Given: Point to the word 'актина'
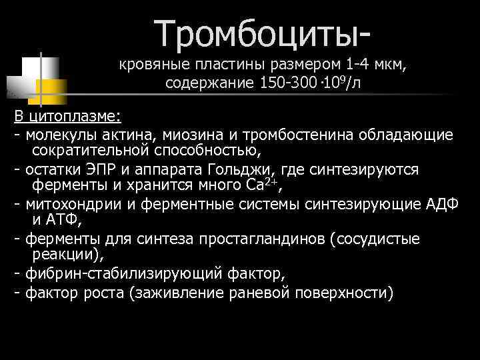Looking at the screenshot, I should (128, 135).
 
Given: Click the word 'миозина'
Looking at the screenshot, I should (187, 135).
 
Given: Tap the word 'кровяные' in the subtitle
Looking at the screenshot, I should (151, 65).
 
